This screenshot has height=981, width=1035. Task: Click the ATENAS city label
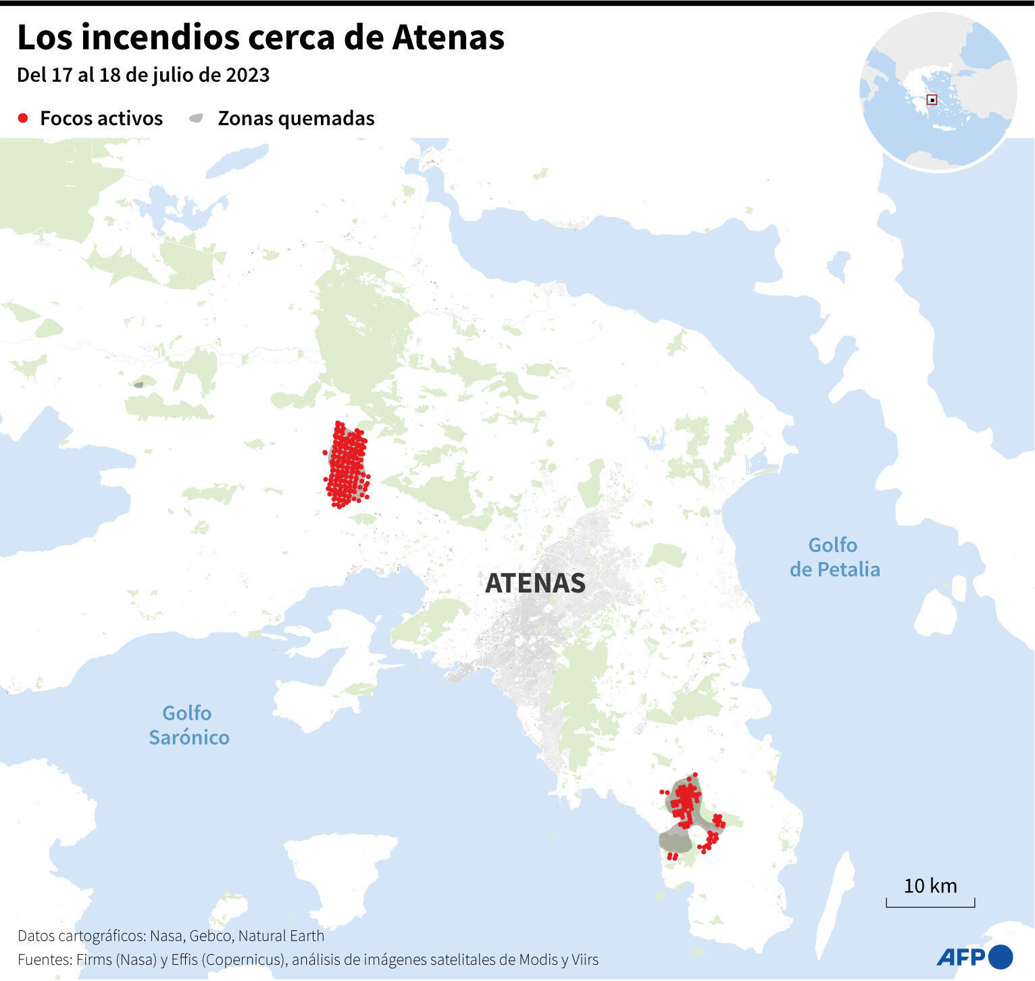click(535, 583)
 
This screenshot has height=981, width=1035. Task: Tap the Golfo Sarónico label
click(188, 725)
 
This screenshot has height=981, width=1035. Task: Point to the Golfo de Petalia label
click(834, 557)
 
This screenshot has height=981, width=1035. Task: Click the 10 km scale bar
click(930, 902)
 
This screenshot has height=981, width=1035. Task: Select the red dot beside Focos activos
click(23, 118)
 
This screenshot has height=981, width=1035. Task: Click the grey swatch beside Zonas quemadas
click(196, 118)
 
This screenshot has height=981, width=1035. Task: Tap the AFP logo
click(974, 957)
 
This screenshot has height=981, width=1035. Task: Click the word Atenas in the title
click(449, 37)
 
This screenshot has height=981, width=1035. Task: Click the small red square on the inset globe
click(932, 100)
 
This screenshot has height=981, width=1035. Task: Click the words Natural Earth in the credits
click(281, 936)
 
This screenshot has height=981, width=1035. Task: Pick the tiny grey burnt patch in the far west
click(138, 384)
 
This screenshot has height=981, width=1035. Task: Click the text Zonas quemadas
click(296, 118)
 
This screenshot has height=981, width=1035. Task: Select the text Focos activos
click(101, 118)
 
